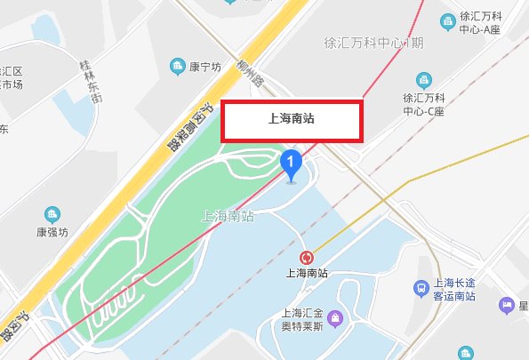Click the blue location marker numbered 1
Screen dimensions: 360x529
pos(291,164)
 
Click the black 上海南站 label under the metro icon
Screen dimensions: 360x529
pos(308,275)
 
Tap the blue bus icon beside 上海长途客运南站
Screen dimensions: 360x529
pos(421,287)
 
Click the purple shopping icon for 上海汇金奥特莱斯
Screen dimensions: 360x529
pos(335,317)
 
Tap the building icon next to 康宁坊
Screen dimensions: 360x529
pos(178,66)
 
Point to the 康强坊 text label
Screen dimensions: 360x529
pos(52,230)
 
